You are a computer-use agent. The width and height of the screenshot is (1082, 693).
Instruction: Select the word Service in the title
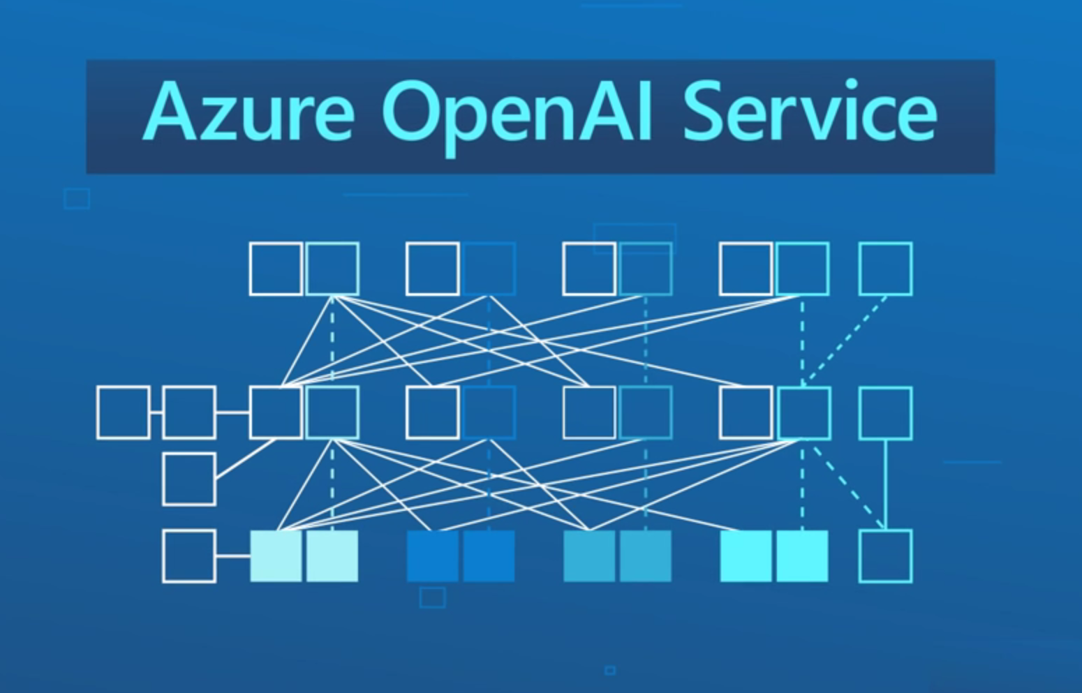tap(810, 112)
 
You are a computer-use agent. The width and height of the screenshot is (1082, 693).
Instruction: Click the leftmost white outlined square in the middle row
tap(124, 412)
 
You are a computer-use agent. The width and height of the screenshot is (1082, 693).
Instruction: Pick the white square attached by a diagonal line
tap(189, 479)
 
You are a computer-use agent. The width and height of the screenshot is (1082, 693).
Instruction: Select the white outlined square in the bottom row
tap(189, 556)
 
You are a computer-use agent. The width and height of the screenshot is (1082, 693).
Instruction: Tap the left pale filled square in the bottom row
tap(276, 556)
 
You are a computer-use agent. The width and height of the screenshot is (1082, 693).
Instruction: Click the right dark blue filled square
tap(489, 556)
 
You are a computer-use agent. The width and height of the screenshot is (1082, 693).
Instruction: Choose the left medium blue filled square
tap(590, 556)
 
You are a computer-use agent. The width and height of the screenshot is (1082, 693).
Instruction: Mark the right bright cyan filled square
tap(803, 556)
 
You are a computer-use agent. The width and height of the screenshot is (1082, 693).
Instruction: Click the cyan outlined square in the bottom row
tap(885, 556)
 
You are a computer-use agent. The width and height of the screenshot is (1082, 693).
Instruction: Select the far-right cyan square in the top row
tap(885, 269)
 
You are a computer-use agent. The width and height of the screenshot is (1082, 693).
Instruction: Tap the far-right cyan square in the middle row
tap(885, 413)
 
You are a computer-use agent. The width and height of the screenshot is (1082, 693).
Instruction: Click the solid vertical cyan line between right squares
tap(885, 484)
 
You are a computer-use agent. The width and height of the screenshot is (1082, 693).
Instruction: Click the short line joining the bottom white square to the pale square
tap(233, 556)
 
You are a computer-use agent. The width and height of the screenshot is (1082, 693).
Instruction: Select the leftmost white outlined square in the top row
tap(276, 269)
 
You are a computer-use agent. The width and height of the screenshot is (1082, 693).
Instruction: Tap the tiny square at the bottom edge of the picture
tap(610, 671)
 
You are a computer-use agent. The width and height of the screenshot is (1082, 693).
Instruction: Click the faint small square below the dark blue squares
tap(433, 598)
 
